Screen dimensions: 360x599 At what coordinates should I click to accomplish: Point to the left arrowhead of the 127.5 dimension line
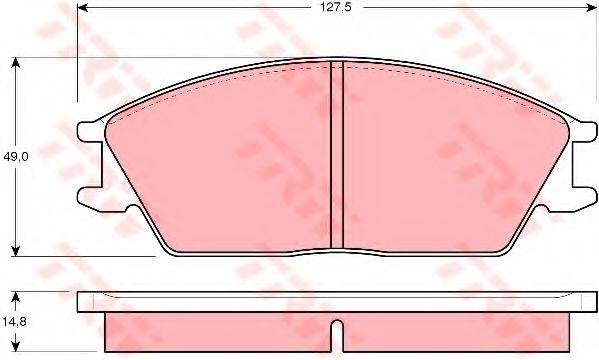click(83, 8)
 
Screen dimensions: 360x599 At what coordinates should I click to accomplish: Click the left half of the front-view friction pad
click(230, 160)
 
